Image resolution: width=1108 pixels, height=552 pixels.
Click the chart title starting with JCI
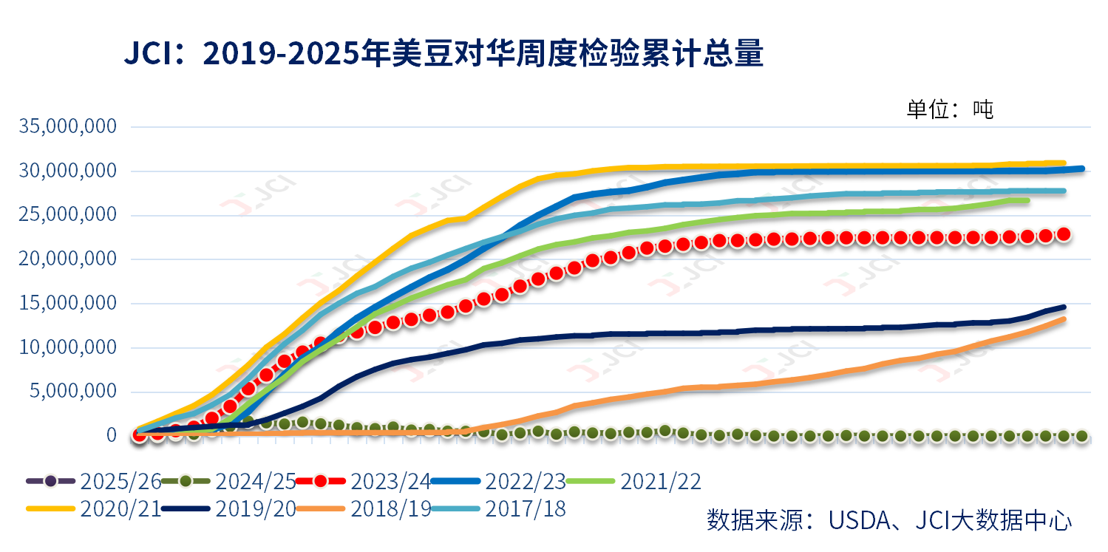443,55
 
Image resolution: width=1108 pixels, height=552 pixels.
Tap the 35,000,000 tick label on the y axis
69,126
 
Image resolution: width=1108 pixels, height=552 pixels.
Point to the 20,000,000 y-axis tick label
69,259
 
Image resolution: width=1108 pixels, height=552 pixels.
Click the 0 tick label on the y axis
111,435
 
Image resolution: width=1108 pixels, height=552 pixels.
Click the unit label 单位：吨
950,109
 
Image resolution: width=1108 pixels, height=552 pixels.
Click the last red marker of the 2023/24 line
1064,234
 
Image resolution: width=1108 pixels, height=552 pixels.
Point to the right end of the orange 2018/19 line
1064,319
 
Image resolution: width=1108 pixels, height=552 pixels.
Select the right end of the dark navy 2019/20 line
1064,307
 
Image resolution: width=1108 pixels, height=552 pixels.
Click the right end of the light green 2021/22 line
1027,200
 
